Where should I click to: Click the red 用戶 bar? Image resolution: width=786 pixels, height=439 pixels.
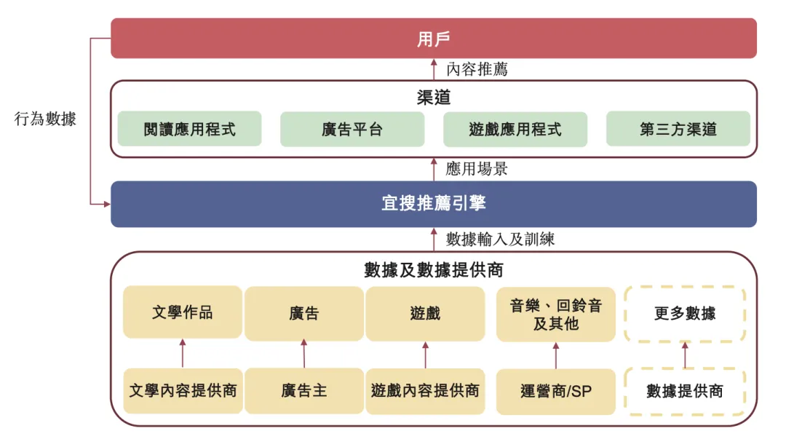tap(434, 39)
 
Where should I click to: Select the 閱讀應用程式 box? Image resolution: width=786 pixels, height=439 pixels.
tap(189, 130)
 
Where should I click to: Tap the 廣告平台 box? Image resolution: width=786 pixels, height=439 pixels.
tap(352, 130)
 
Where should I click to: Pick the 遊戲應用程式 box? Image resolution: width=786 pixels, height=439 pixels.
tap(515, 130)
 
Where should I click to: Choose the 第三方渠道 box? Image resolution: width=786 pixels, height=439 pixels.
tap(678, 130)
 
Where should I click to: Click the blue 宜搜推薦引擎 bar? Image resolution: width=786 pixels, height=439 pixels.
tap(434, 204)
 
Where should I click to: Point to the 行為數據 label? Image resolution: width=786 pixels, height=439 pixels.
tap(45, 119)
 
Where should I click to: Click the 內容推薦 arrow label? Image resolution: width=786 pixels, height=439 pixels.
tap(477, 70)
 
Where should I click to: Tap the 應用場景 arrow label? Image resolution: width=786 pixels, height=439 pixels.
tap(477, 170)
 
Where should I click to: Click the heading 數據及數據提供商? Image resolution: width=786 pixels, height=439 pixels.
tap(434, 270)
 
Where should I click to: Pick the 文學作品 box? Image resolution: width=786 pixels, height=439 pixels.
tap(183, 312)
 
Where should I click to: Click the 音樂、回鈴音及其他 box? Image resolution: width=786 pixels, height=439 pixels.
tap(556, 315)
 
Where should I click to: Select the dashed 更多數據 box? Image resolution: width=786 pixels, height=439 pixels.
tap(685, 314)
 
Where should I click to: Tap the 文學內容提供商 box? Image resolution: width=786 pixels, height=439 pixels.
tap(183, 391)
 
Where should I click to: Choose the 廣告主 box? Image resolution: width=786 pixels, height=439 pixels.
tap(304, 391)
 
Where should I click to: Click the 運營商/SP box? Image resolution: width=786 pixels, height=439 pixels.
tap(556, 391)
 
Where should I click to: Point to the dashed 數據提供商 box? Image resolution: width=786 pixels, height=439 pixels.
tap(685, 391)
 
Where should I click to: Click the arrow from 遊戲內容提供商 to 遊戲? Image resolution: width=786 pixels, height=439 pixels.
tap(425, 355)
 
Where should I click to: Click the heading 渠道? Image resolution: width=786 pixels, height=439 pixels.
tap(434, 98)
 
